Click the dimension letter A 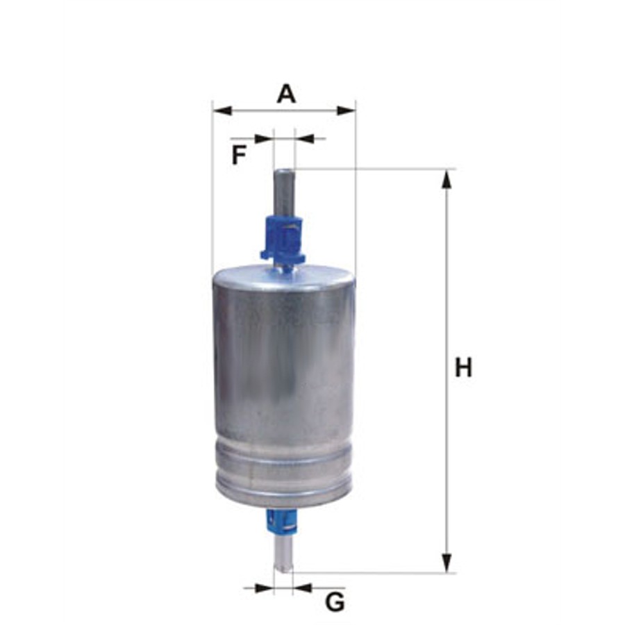[x=287, y=94]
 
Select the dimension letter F [x=238, y=155]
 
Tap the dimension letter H [x=463, y=367]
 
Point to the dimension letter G [x=335, y=602]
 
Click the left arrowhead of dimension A [x=222, y=110]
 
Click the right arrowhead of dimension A [x=346, y=110]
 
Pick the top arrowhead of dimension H [x=447, y=179]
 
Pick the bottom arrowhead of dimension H [x=447, y=562]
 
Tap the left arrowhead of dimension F [x=264, y=139]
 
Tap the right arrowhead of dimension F [x=304, y=139]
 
